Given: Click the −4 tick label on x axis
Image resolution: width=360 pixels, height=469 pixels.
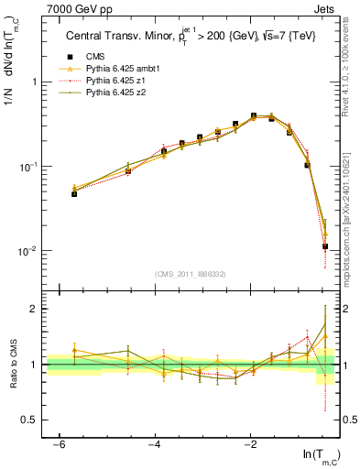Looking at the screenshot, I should coord(155,444).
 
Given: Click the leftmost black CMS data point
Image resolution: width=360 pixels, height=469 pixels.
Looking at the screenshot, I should coord(74,193).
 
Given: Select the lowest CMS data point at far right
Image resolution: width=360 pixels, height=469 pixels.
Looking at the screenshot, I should coord(325,246).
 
